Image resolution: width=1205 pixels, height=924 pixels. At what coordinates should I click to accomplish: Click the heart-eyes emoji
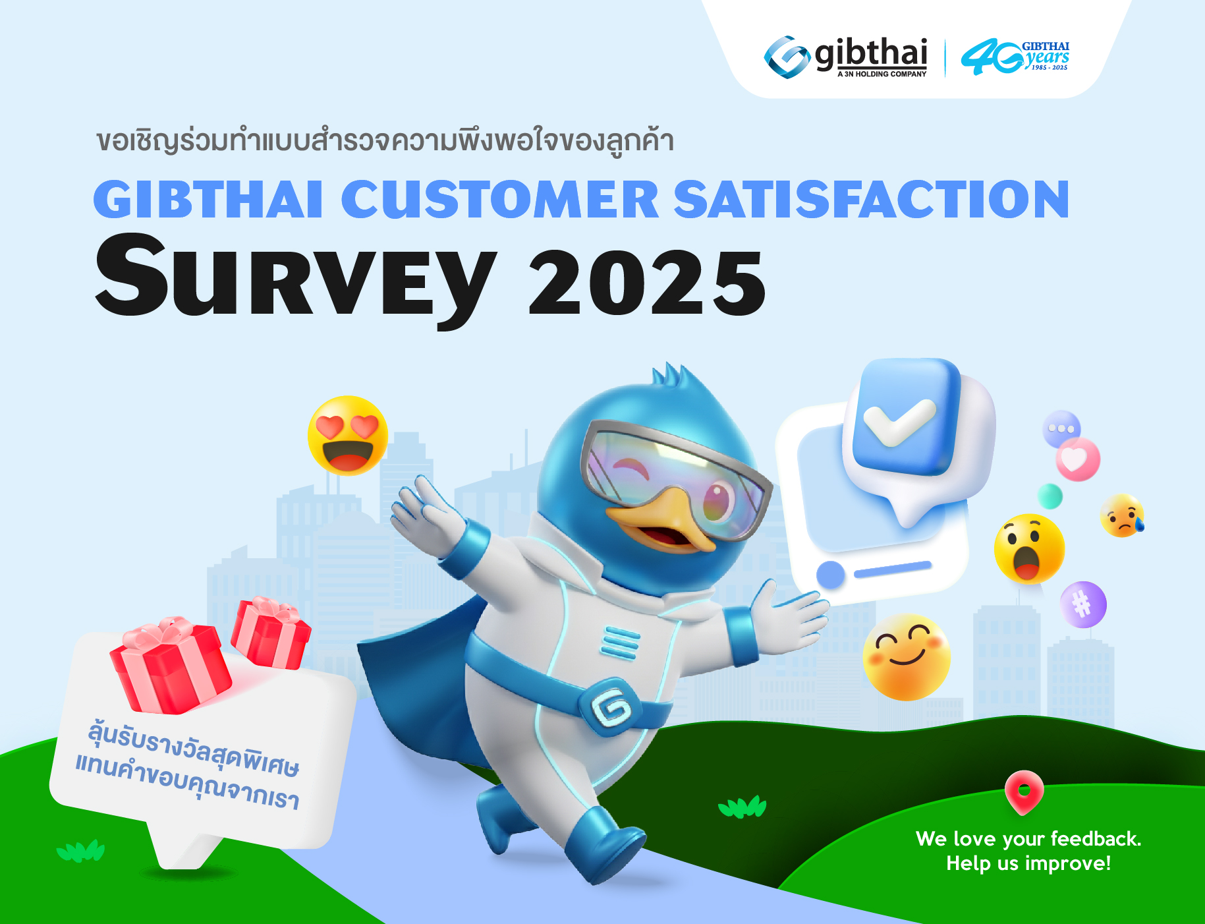pyautogui.click(x=348, y=435)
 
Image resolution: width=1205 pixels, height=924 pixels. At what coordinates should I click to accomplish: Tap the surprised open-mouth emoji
pyautogui.click(x=1029, y=549)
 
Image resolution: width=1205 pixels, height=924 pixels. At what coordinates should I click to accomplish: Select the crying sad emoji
pyautogui.click(x=1122, y=515)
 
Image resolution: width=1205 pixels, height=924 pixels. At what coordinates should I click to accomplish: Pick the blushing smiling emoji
pyautogui.click(x=907, y=657)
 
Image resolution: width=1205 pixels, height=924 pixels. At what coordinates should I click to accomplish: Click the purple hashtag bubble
pyautogui.click(x=1083, y=604)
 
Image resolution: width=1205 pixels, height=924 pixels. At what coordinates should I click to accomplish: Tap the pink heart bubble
pyautogui.click(x=1078, y=459)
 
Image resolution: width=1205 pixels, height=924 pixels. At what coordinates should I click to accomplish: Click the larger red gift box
pyautogui.click(x=171, y=666)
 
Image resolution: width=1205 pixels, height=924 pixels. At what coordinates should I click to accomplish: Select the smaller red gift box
pyautogui.click(x=271, y=633)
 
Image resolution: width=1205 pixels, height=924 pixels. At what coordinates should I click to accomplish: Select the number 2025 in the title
pyautogui.click(x=647, y=283)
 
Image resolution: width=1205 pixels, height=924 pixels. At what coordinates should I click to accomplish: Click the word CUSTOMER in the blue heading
pyautogui.click(x=499, y=199)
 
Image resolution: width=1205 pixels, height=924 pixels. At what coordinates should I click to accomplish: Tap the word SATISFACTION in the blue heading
pyautogui.click(x=871, y=199)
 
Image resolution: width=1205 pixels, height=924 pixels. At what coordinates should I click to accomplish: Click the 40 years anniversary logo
pyautogui.click(x=1015, y=57)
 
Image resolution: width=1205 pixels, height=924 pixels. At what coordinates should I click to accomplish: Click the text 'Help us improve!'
pyautogui.click(x=1028, y=863)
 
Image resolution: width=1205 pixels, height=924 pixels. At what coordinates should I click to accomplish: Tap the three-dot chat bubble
pyautogui.click(x=1061, y=428)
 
